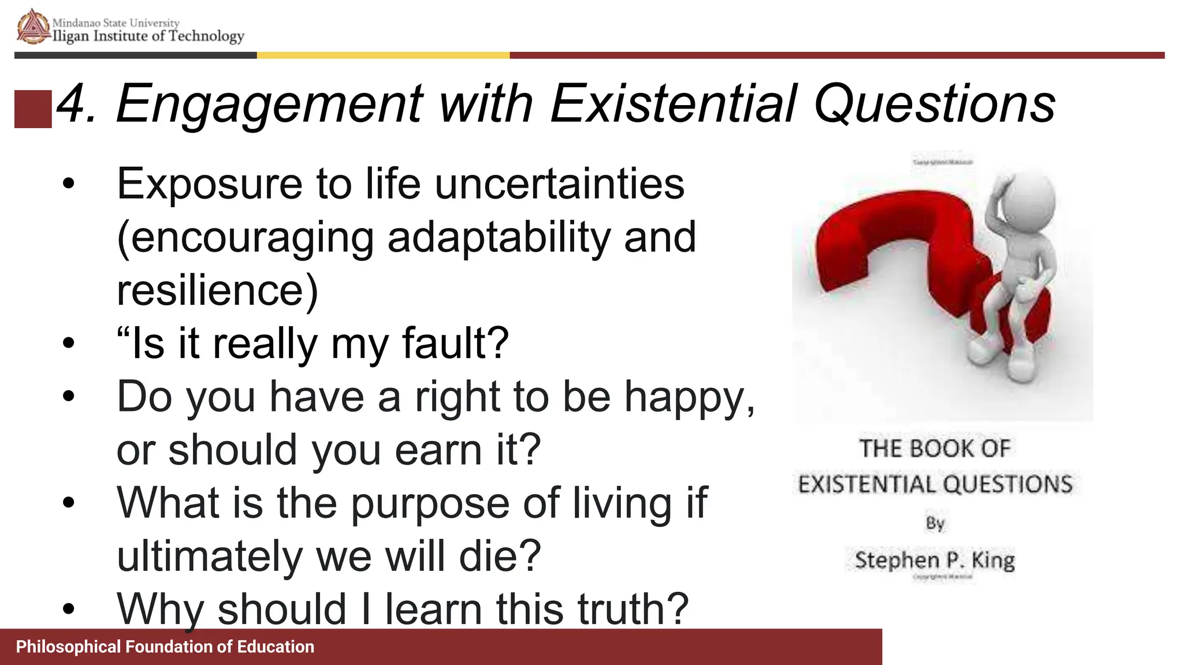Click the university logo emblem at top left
(x=33, y=27)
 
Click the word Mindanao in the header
(x=76, y=23)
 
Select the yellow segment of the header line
(x=383, y=55)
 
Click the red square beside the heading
(x=33, y=109)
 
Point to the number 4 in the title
(x=72, y=104)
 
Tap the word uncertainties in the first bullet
(x=559, y=185)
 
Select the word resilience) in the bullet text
(x=217, y=290)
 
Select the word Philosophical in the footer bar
(x=69, y=647)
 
